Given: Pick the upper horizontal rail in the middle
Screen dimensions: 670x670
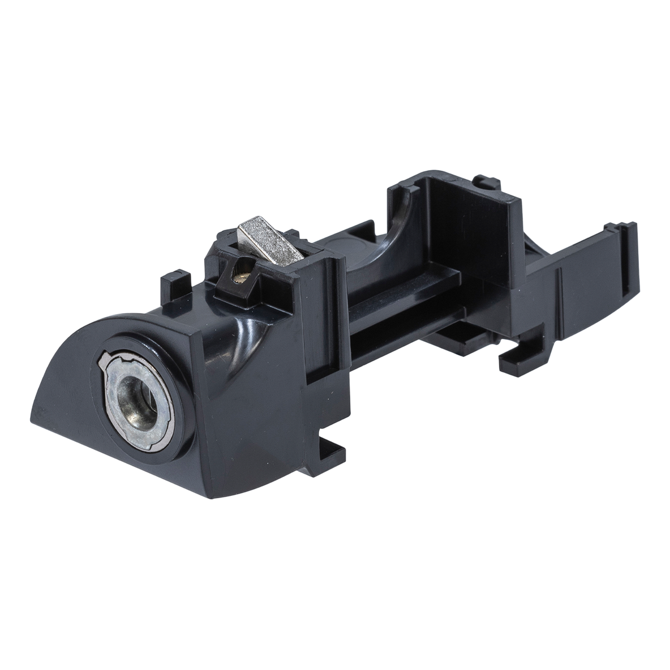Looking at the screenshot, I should [x=402, y=285].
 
